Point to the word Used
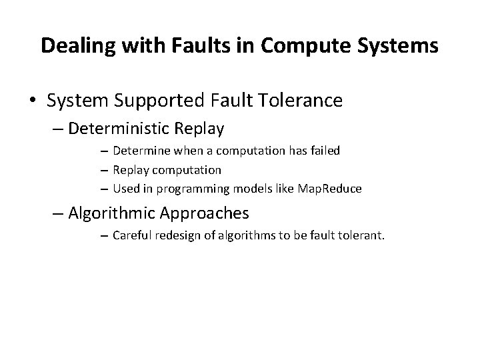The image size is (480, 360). pos(125,189)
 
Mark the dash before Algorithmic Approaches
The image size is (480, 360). pos(55,213)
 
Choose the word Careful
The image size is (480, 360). pos(131,235)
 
